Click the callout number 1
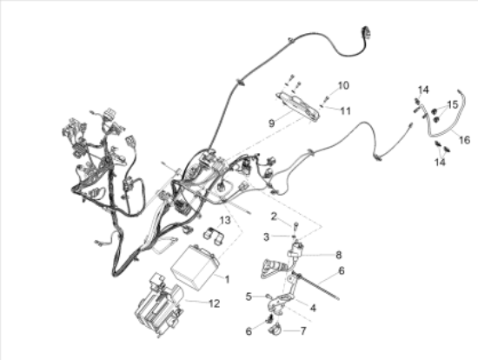pos(227,279)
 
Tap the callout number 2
pos(274,217)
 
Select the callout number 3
pos(266,237)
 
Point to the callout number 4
pos(313,308)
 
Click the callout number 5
pos(249,297)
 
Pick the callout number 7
pos(302,330)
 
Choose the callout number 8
pos(338,255)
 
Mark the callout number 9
pos(271,123)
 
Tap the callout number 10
pos(343,85)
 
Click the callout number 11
pos(345,110)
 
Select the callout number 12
pos(215,303)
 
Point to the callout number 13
pos(225,220)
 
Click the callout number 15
pos(453,104)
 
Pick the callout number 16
pos(465,140)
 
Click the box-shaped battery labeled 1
pos(195,268)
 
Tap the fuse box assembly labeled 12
pos(159,304)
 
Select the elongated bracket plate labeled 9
pos(298,105)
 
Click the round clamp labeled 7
pos(276,330)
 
